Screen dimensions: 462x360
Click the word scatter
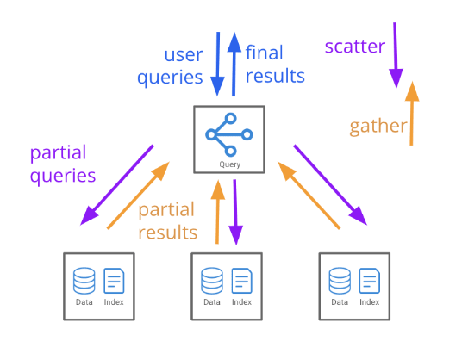tap(355, 47)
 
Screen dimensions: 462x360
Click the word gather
tap(378, 127)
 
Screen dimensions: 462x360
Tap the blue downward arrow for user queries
tap(218, 64)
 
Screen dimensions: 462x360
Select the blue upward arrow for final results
tap(234, 65)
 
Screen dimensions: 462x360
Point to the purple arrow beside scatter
tap(396, 55)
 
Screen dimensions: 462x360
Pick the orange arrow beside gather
tap(412, 114)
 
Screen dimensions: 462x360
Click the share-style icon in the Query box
tap(229, 134)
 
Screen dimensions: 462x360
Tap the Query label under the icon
tap(230, 164)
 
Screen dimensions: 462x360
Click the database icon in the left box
tap(84, 281)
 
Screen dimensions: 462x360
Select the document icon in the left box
tap(114, 281)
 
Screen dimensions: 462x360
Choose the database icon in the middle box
tap(212, 281)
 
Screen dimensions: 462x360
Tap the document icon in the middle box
tap(242, 281)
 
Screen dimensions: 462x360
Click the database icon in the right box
tap(340, 281)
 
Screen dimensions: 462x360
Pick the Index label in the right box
tap(370, 302)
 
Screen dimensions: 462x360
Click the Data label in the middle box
tap(212, 302)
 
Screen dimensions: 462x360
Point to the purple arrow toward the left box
tap(117, 185)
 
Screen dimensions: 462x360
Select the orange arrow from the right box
tap(309, 196)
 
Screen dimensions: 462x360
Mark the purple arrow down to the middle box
tap(235, 212)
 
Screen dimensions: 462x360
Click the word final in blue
tap(265, 53)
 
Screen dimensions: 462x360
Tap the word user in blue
tap(184, 55)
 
